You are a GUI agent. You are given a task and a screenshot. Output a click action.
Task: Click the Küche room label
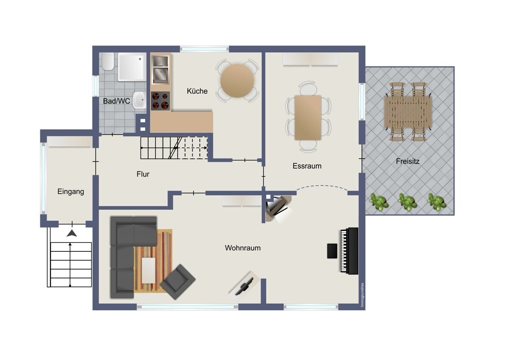[x=197, y=91]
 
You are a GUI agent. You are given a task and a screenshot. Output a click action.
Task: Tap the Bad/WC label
[x=116, y=101]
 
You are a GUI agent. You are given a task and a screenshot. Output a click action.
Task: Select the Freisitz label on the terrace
[x=407, y=161]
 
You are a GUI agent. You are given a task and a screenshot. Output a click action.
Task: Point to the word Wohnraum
[x=243, y=248]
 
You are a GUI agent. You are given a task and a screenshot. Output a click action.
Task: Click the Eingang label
[x=70, y=191]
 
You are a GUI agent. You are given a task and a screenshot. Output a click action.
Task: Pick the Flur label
[x=143, y=174]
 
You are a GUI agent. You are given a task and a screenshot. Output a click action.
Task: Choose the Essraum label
[x=307, y=166]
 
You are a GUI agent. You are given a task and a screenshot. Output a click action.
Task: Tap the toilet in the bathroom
[x=108, y=62]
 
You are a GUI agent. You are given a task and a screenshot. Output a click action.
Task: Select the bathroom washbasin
[x=139, y=100]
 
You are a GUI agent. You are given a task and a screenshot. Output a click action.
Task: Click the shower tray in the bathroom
[x=132, y=67]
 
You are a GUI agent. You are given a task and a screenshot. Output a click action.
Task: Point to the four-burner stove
[x=160, y=101]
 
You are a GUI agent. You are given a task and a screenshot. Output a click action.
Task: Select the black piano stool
[x=332, y=251]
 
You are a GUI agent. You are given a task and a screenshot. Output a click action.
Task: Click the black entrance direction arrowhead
[x=72, y=233]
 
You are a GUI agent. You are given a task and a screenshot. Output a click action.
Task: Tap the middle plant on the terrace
[x=408, y=202]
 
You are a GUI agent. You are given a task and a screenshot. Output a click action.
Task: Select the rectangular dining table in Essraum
[x=308, y=117]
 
